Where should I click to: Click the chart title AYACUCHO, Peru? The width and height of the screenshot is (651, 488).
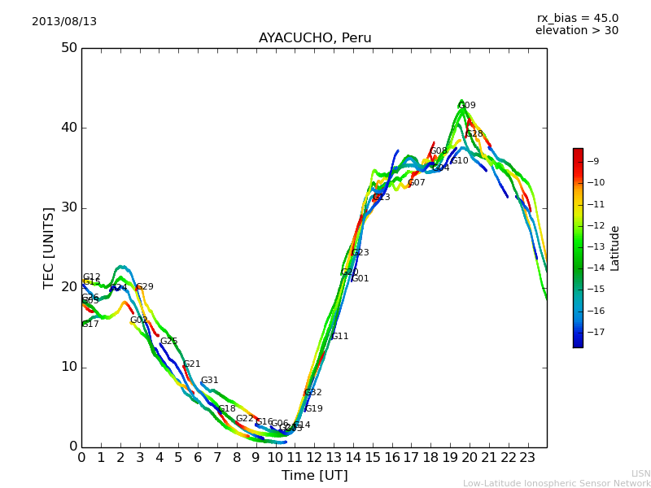pyautogui.click(x=315, y=38)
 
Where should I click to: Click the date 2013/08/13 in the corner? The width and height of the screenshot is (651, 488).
pyautogui.click(x=64, y=22)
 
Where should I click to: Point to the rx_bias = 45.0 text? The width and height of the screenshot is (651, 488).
pyautogui.click(x=577, y=19)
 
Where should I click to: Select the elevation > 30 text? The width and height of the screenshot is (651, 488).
pyautogui.click(x=577, y=31)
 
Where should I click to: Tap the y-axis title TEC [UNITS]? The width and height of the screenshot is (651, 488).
pyautogui.click(x=50, y=247)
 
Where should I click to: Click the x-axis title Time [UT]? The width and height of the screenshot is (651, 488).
pyautogui.click(x=315, y=475)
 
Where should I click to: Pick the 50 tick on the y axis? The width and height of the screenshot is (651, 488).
pyautogui.click(x=69, y=48)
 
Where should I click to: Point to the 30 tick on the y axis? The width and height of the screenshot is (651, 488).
pyautogui.click(x=69, y=207)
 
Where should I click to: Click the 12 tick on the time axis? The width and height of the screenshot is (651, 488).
pyautogui.click(x=315, y=458)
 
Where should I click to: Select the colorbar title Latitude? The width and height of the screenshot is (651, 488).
pyautogui.click(x=615, y=248)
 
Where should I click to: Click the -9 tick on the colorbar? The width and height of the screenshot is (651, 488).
pyautogui.click(x=594, y=161)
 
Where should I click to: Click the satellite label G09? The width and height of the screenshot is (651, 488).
pyautogui.click(x=467, y=106)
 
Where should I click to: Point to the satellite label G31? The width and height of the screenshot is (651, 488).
pyautogui.click(x=210, y=381)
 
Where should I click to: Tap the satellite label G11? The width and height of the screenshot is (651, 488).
pyautogui.click(x=339, y=337)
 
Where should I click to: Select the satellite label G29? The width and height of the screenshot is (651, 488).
pyautogui.click(x=145, y=287)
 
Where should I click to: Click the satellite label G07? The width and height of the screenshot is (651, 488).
pyautogui.click(x=417, y=183)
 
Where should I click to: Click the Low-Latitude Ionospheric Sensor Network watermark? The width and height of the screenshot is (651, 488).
pyautogui.click(x=557, y=483)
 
